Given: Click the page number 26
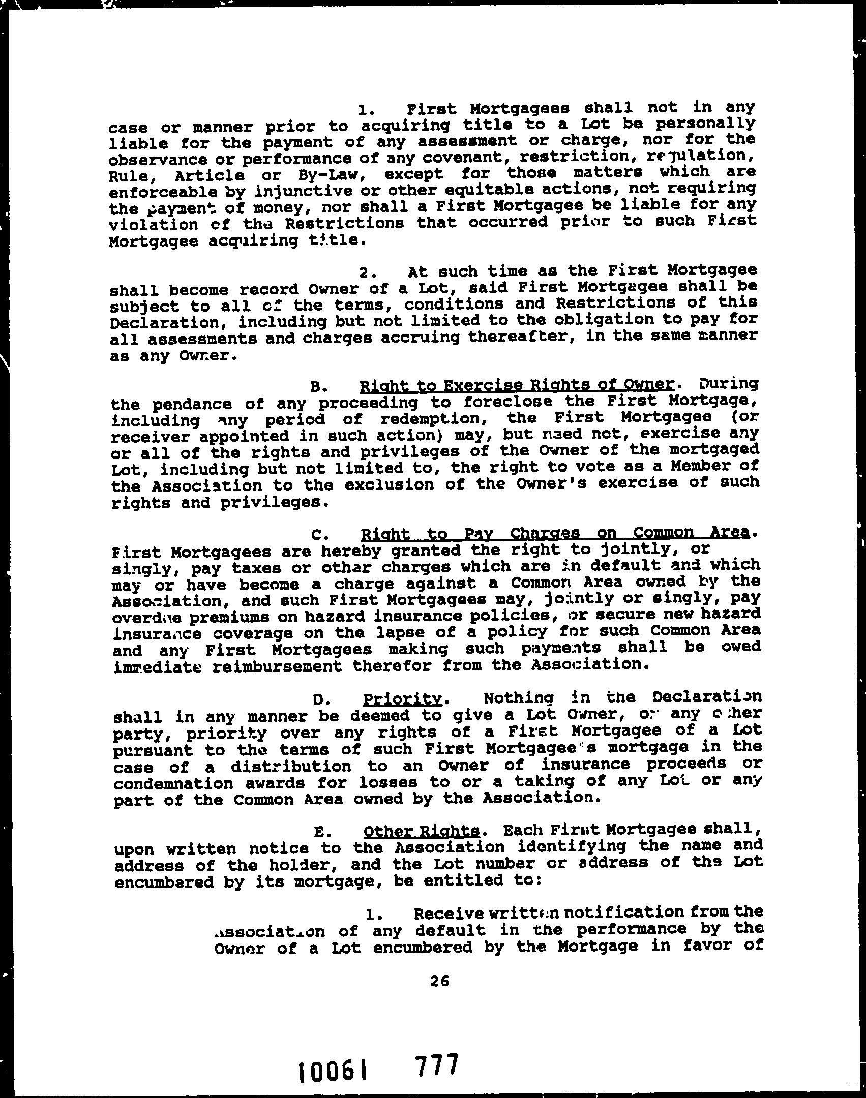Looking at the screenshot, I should pos(439,982).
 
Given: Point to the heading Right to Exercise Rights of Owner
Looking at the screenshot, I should pos(517,386).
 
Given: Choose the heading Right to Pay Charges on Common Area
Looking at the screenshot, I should pos(554,534).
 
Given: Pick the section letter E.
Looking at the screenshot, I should pos(319,833).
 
